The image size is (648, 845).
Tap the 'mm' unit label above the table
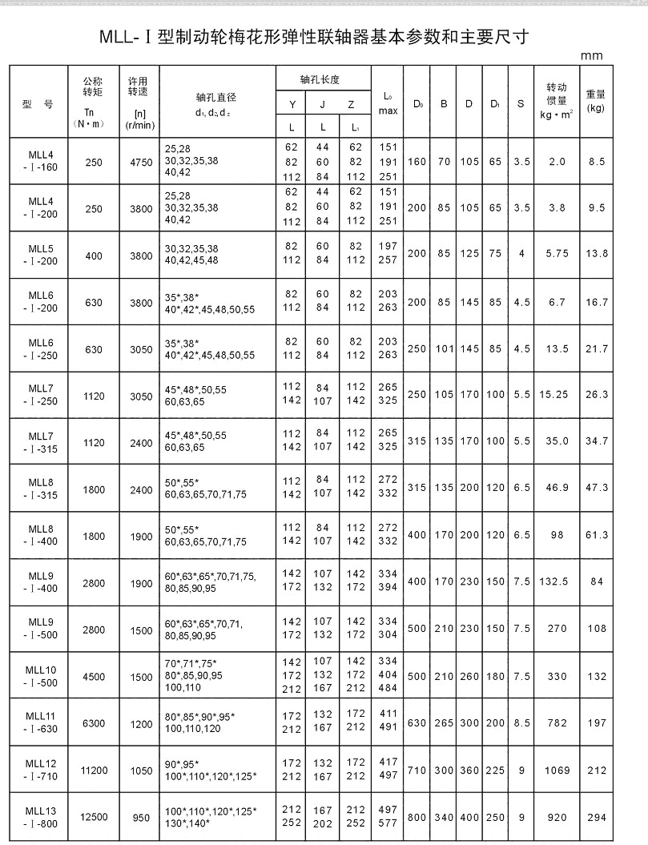point(593,56)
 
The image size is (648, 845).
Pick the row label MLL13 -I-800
point(41,818)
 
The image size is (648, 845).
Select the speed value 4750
point(140,162)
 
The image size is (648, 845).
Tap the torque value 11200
point(93,771)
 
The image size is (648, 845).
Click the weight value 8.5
point(595,162)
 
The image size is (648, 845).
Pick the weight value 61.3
point(595,534)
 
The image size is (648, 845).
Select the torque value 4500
point(93,677)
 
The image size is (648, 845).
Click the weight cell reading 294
point(595,818)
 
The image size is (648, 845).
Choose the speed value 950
point(140,818)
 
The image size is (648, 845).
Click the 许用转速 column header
point(140,101)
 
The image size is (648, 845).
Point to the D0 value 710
point(417,771)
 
